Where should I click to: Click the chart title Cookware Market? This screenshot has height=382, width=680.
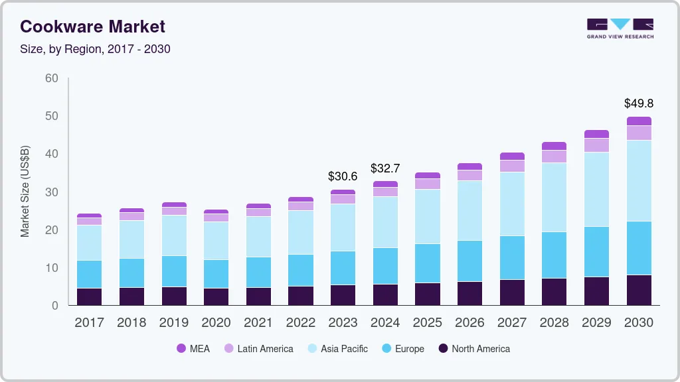pos(92,27)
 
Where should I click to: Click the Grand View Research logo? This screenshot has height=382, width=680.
pos(620,28)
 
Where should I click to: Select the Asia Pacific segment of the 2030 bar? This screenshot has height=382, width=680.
pos(639,180)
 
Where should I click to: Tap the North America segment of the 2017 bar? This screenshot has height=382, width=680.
pos(90,296)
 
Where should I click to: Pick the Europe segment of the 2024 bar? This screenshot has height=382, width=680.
pos(385,266)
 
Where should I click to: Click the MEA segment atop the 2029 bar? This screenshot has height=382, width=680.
pos(597,134)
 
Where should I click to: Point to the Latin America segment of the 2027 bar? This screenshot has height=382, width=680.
pos(512,166)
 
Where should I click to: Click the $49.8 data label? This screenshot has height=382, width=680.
pos(639,103)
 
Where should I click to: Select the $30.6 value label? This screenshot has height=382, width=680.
pos(343,176)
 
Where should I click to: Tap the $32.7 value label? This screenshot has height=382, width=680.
pos(385,168)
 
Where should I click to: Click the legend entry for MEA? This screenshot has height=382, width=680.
pos(193,348)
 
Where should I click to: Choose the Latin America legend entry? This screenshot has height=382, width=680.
pos(258,348)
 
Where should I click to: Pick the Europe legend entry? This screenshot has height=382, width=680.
pos(402,348)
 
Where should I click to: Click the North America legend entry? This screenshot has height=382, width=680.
pos(473,348)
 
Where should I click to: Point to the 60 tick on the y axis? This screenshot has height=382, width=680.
pos(52,78)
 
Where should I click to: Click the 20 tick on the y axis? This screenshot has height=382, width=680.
pos(52,230)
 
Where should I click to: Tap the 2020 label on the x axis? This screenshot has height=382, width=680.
pos(216,323)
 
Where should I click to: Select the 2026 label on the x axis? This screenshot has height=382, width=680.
pos(469,323)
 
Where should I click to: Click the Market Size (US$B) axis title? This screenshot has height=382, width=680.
pos(25,192)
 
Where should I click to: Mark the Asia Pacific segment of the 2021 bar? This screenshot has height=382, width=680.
pos(258,237)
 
